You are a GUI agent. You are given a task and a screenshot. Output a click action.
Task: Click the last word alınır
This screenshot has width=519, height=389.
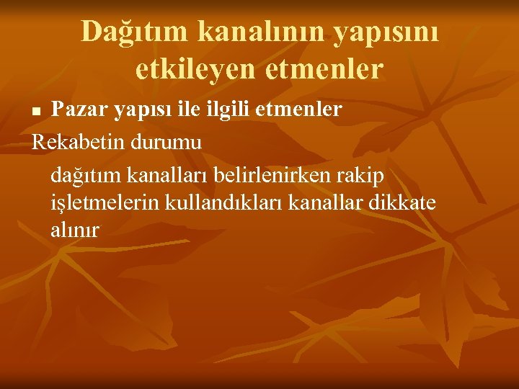pyautogui.click(x=76, y=231)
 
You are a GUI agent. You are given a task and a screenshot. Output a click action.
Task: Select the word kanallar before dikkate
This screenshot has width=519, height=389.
pyautogui.click(x=325, y=202)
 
